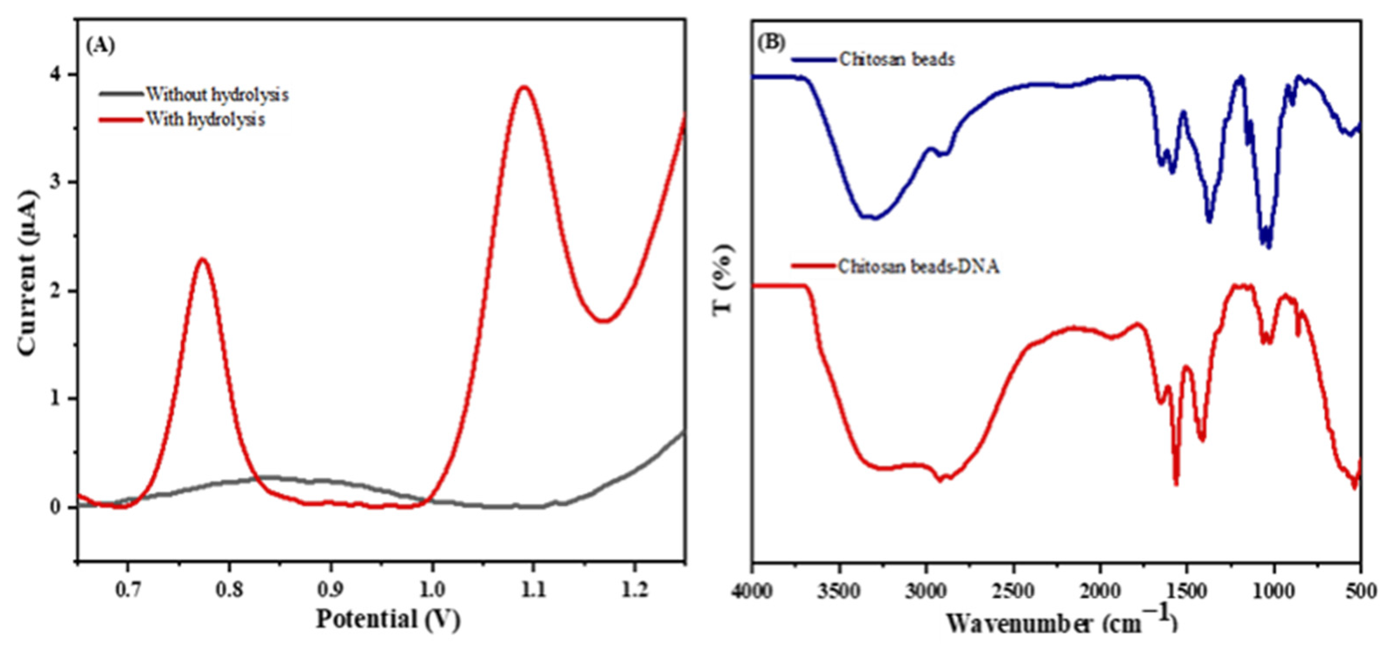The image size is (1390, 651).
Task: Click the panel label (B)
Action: (x=771, y=42)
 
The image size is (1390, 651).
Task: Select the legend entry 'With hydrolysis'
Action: (x=205, y=119)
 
